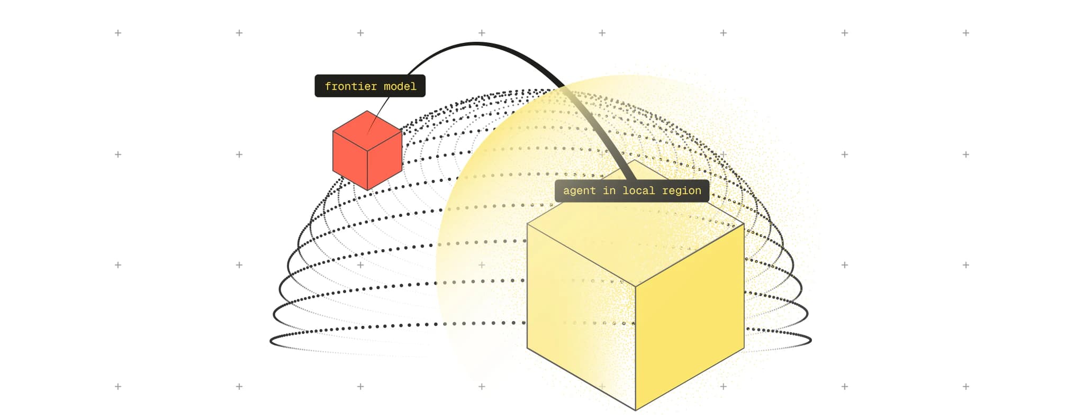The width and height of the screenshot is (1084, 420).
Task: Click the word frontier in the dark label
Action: (x=351, y=86)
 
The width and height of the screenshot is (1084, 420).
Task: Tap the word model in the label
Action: (x=400, y=86)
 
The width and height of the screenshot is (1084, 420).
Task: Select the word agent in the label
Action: (x=579, y=190)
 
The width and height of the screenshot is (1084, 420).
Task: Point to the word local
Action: (x=638, y=190)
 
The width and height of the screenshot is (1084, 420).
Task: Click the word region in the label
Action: (x=682, y=191)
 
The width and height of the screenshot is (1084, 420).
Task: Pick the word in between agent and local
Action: (x=609, y=190)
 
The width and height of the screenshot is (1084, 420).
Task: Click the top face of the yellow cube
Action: (x=635, y=222)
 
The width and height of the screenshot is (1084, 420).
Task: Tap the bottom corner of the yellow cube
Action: (x=635, y=410)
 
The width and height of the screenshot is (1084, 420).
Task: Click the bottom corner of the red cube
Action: (x=367, y=190)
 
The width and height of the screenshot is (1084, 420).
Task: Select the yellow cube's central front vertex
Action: (x=635, y=287)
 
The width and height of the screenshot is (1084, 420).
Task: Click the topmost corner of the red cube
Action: (x=367, y=111)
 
